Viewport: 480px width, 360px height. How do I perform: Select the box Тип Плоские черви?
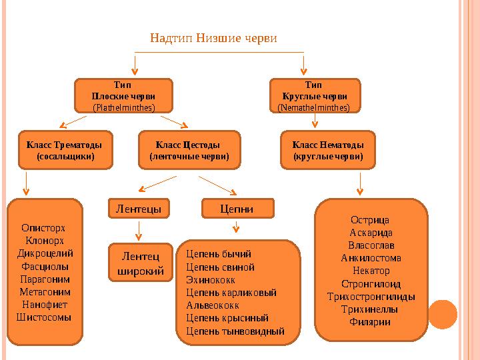(x=123, y=95)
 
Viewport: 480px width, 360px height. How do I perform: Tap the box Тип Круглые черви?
(x=313, y=95)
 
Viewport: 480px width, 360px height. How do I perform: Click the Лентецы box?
(x=139, y=209)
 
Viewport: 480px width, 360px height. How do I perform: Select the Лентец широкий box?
(x=140, y=263)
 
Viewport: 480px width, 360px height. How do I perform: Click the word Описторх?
(x=44, y=227)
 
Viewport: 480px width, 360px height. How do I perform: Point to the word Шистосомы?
(x=44, y=317)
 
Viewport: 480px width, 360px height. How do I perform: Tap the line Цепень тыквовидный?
(x=235, y=331)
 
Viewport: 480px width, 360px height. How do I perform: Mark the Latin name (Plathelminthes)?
(x=123, y=107)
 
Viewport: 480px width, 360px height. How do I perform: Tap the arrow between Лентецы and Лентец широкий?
(x=139, y=230)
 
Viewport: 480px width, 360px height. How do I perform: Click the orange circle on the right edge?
(x=443, y=314)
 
